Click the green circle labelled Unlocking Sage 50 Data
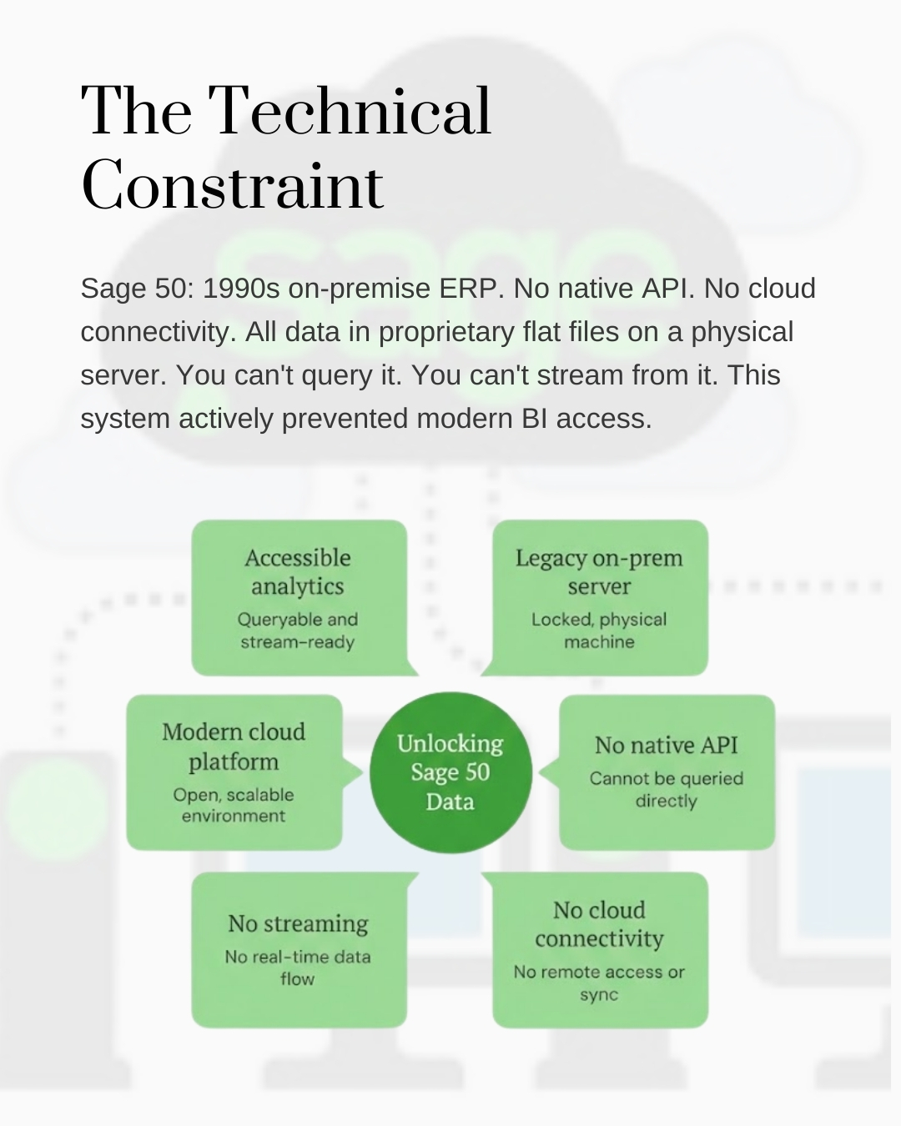pyautogui.click(x=450, y=772)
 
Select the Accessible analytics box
pyautogui.click(x=299, y=597)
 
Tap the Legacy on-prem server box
pyautogui.click(x=599, y=597)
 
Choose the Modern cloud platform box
pyautogui.click(x=234, y=772)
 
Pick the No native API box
pyautogui.click(x=666, y=772)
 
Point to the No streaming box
pyautogui.click(x=299, y=949)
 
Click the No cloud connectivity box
pyautogui.click(x=599, y=949)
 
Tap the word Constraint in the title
pyautogui.click(x=232, y=185)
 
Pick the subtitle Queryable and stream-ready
pyautogui.click(x=298, y=631)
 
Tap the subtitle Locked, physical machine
pyautogui.click(x=599, y=631)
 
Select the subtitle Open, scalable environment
pyautogui.click(x=234, y=806)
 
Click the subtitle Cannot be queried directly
pyautogui.click(x=666, y=789)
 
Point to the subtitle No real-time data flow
pyautogui.click(x=298, y=968)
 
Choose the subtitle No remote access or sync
pyautogui.click(x=599, y=983)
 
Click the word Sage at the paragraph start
pyautogui.click(x=113, y=289)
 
